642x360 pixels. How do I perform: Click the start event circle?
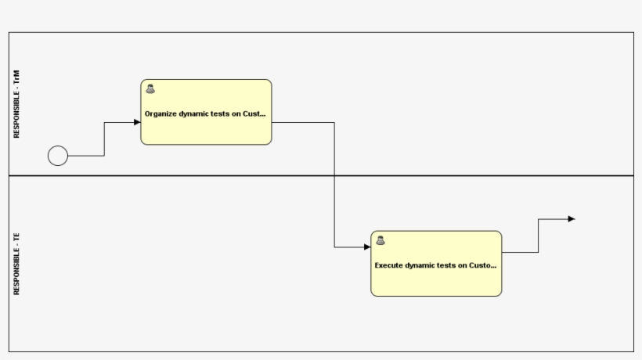click(x=58, y=156)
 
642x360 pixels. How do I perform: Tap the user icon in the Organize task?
click(x=150, y=89)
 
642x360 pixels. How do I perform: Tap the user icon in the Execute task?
click(x=381, y=240)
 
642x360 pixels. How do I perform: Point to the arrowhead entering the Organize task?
click(x=137, y=122)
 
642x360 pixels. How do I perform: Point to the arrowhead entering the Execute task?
click(x=367, y=247)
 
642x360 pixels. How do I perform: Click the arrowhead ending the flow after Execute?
click(x=572, y=219)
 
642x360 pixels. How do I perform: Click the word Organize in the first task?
click(x=161, y=113)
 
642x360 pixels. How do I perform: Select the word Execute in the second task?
click(x=389, y=265)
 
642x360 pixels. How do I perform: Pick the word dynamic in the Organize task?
click(x=194, y=113)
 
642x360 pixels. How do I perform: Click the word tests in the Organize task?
click(x=222, y=113)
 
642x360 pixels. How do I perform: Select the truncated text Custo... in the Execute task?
click(x=482, y=265)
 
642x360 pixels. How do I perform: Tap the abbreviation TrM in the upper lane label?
click(x=16, y=78)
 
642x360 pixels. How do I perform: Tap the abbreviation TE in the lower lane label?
click(x=16, y=236)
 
